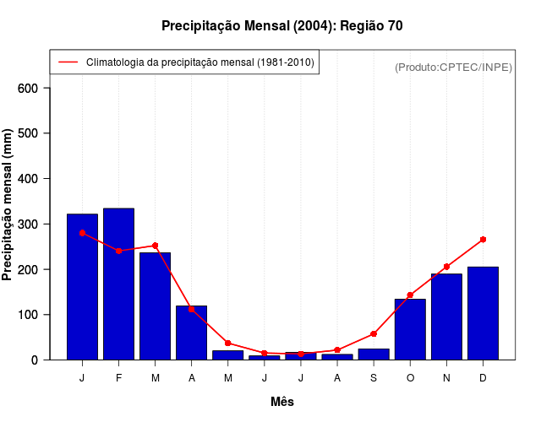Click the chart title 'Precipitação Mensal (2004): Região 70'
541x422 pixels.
pyautogui.click(x=281, y=26)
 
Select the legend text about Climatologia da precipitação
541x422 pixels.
pyautogui.click(x=199, y=62)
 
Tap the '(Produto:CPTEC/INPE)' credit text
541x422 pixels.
pyautogui.click(x=453, y=67)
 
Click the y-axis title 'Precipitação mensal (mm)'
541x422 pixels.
pyautogui.click(x=8, y=204)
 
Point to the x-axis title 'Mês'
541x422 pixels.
pyautogui.click(x=282, y=402)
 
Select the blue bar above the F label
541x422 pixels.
pyautogui.click(x=118, y=284)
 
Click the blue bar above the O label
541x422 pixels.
pyautogui.click(x=410, y=329)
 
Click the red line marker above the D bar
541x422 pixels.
pyautogui.click(x=483, y=240)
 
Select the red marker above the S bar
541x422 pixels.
pyautogui.click(x=374, y=334)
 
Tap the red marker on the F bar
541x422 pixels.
pyautogui.click(x=118, y=251)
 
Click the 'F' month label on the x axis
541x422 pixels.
pyautogui.click(x=118, y=378)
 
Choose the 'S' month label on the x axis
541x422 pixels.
pyautogui.click(x=374, y=378)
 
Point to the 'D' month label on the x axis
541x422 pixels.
pyautogui.click(x=483, y=378)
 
